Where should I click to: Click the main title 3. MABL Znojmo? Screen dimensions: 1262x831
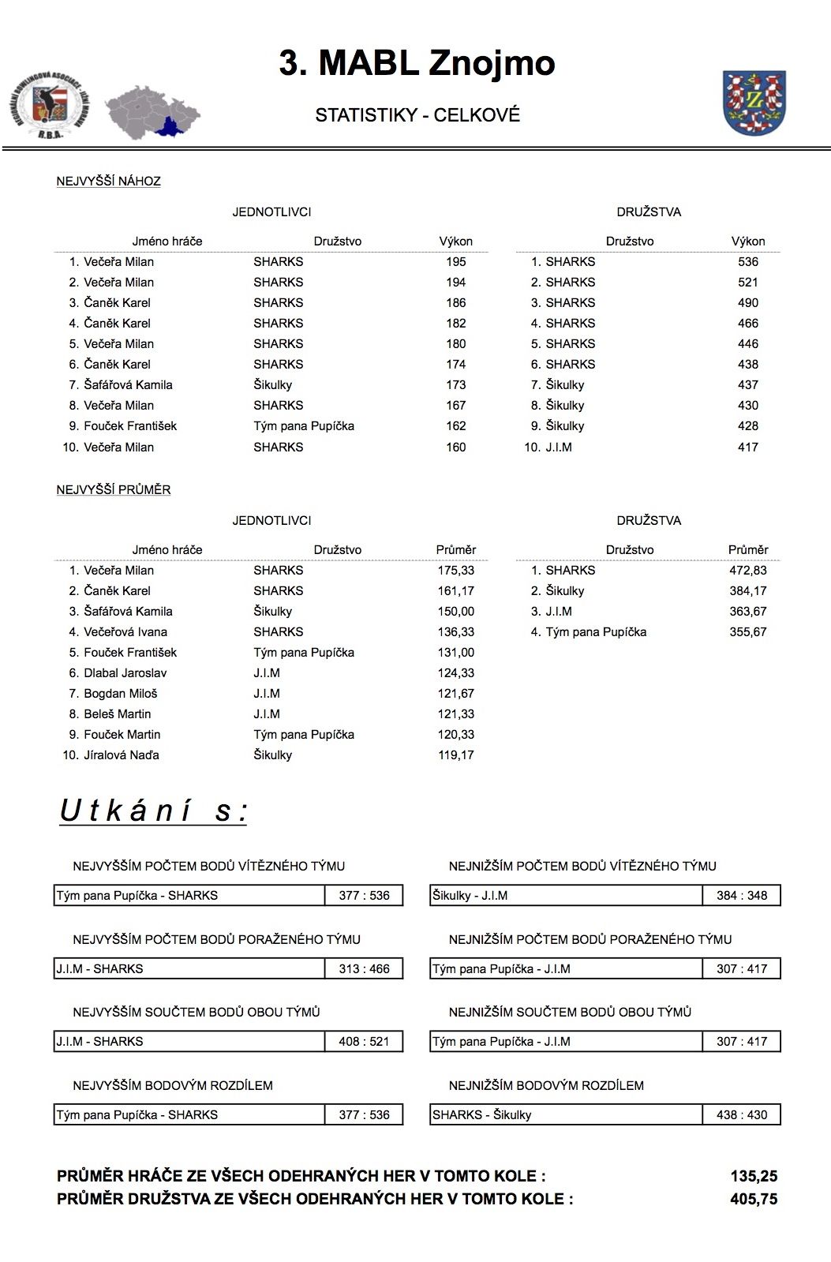tap(417, 62)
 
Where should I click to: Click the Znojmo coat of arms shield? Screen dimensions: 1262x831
tap(754, 102)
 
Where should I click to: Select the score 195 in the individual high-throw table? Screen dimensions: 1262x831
tap(455, 262)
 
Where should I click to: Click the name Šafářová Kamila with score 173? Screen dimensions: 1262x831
tap(128, 385)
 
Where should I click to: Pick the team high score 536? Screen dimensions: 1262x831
tap(747, 262)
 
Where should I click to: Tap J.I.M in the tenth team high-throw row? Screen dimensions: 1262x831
tap(559, 447)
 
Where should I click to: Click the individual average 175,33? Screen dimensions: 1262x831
tap(455, 571)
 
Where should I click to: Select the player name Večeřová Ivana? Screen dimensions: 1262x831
tap(125, 632)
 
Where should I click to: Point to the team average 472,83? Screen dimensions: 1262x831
tap(747, 571)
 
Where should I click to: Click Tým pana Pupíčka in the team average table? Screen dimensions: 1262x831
tap(596, 632)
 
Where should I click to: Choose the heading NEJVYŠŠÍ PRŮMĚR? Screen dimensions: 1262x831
tap(114, 490)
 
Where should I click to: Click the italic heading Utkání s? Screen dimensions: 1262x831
tap(154, 811)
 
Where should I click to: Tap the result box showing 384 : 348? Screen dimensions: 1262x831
tap(741, 896)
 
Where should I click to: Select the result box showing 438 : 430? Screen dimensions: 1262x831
tap(741, 1115)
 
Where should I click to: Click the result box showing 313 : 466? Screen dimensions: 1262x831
tap(364, 969)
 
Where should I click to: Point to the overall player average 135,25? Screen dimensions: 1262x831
tap(754, 1177)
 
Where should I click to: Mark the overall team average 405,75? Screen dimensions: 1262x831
tap(754, 1200)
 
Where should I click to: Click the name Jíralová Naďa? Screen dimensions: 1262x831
tap(122, 755)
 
